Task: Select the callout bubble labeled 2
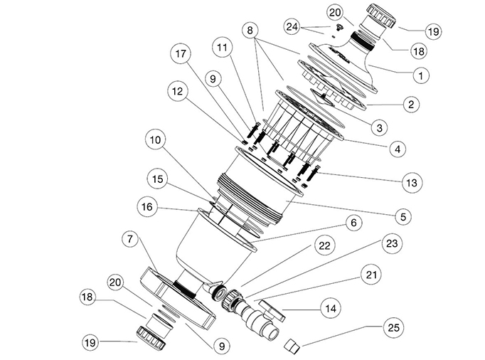(410, 105)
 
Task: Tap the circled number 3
(380, 127)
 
